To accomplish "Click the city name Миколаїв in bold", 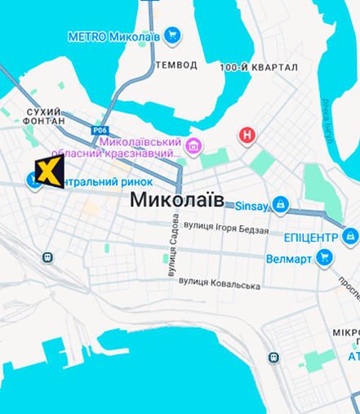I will pyautogui.click(x=176, y=199).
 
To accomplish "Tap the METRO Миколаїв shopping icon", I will pyautogui.click(x=171, y=35).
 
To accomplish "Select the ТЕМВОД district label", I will pyautogui.click(x=176, y=65).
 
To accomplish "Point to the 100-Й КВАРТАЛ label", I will pyautogui.click(x=259, y=67).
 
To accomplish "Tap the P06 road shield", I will pyautogui.click(x=100, y=130).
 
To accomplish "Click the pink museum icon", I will pyautogui.click(x=193, y=147).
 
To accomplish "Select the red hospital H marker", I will pyautogui.click(x=247, y=136).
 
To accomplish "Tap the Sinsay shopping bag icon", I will pyautogui.click(x=281, y=203).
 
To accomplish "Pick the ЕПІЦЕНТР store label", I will pyautogui.click(x=310, y=238).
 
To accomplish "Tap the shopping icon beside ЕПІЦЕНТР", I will pyautogui.click(x=350, y=237).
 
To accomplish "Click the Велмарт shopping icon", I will pyautogui.click(x=325, y=259).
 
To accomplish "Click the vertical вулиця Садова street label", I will pyautogui.click(x=172, y=248).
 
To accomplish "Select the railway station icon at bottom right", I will pyautogui.click(x=272, y=357).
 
